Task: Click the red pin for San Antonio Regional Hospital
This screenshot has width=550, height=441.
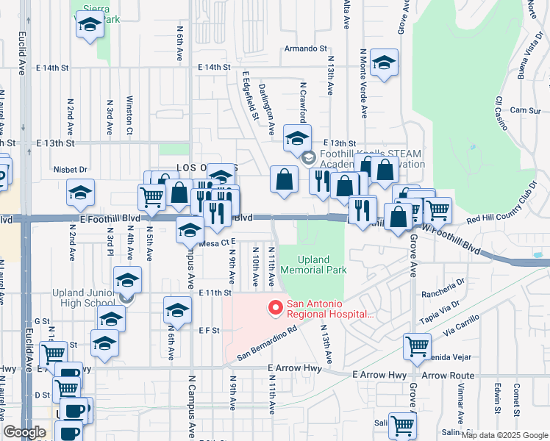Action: click(x=276, y=308)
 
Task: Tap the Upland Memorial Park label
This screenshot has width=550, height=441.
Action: click(x=323, y=265)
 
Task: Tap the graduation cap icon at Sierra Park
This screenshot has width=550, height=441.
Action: click(x=90, y=24)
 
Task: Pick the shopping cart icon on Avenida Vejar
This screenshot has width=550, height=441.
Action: click(x=417, y=346)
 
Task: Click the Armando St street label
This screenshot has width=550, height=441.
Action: click(x=306, y=49)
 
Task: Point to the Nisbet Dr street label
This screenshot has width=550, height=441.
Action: click(x=71, y=169)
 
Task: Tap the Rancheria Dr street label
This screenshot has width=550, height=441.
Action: click(x=443, y=281)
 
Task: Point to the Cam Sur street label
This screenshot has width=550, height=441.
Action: click(x=525, y=110)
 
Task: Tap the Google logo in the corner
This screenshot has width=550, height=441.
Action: click(x=24, y=431)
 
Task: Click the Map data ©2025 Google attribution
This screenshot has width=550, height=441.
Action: click(x=503, y=435)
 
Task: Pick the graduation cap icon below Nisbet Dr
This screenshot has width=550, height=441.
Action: click(x=80, y=193)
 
